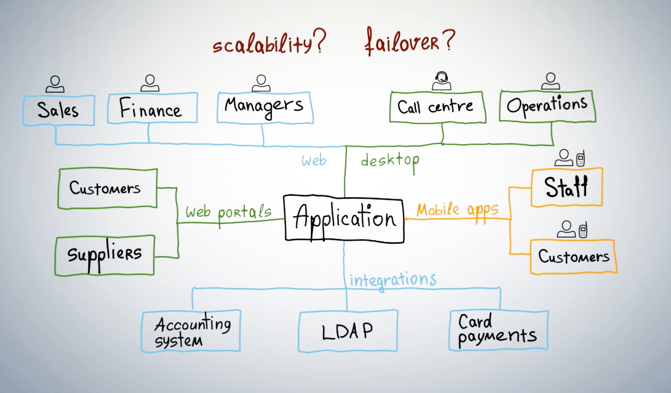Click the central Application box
pyautogui.click(x=344, y=219)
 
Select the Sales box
pyautogui.click(x=59, y=110)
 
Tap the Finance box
pyautogui.click(x=153, y=108)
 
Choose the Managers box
pyautogui.click(x=265, y=108)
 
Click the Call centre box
pyautogui.click(x=438, y=107)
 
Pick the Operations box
pyautogui.click(x=547, y=106)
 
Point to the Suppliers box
pyautogui.click(x=105, y=256)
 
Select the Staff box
pyautogui.click(x=567, y=187)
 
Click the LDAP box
pyautogui.click(x=348, y=331)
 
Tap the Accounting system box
pyautogui.click(x=191, y=331)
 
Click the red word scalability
pyautogui.click(x=262, y=44)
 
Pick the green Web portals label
pyautogui.click(x=228, y=212)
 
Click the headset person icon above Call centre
pyautogui.click(x=442, y=81)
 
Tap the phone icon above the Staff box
pyautogui.click(x=581, y=158)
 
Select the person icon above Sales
pyautogui.click(x=55, y=84)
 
